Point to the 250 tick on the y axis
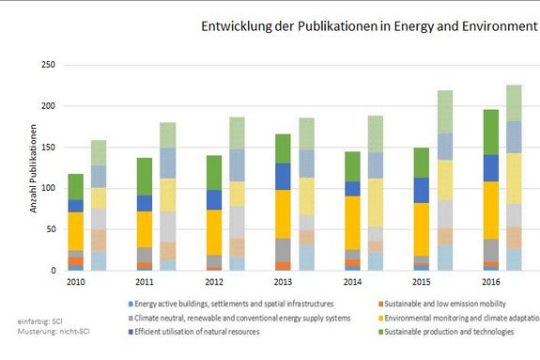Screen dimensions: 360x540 pyautogui.click(x=49, y=65)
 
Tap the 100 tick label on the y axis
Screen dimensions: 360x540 pyautogui.click(x=49, y=188)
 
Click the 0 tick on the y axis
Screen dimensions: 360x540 pyautogui.click(x=54, y=271)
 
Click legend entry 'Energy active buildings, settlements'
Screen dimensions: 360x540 pyautogui.click(x=234, y=304)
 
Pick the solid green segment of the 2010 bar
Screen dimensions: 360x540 pyautogui.click(x=75, y=186)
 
